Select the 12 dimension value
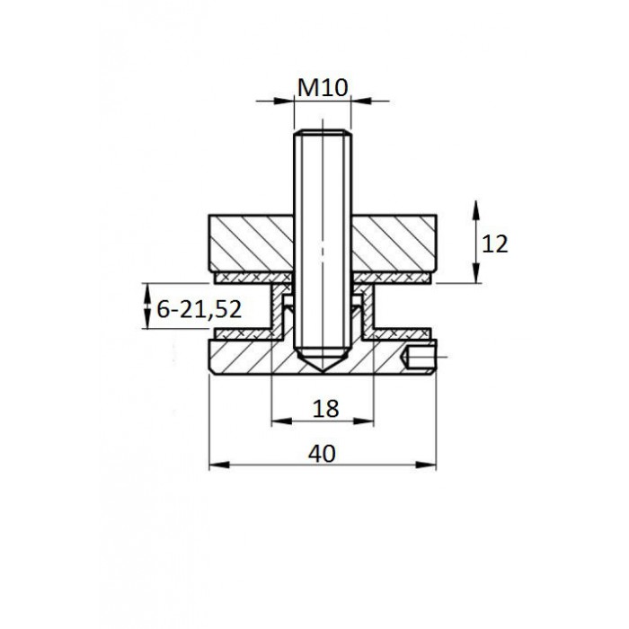pos(494,244)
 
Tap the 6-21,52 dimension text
pos(199,309)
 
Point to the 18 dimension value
pos(325,409)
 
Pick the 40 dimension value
pos(322,454)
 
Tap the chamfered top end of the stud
pos(323,132)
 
